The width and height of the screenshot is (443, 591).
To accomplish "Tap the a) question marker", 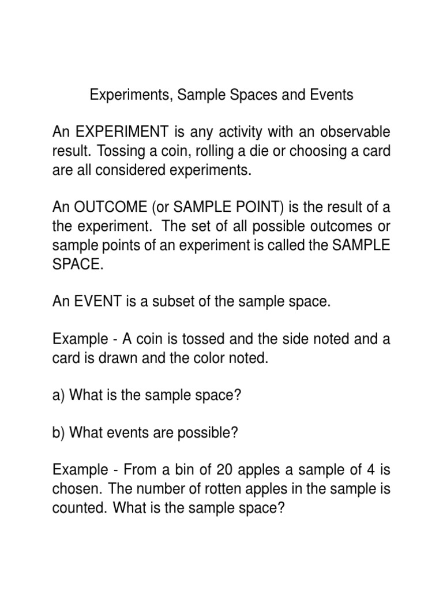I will [x=58, y=396].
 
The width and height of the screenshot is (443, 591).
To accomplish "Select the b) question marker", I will [x=58, y=433].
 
